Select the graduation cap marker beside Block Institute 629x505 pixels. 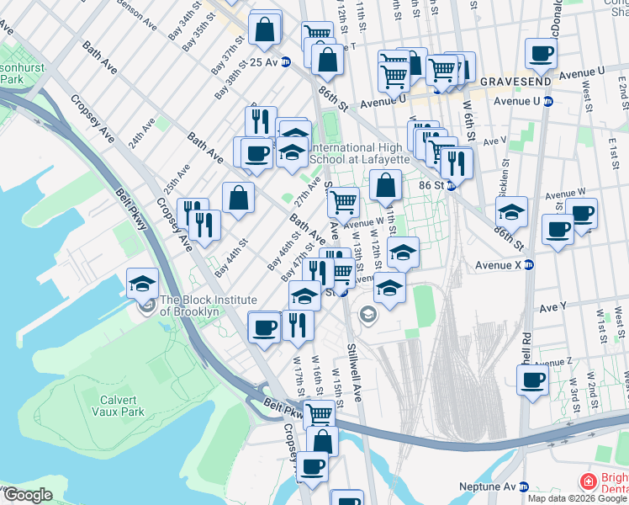click(x=143, y=283)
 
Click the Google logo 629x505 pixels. click(x=27, y=495)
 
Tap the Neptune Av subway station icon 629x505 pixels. click(x=524, y=486)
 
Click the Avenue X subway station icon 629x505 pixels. click(x=529, y=263)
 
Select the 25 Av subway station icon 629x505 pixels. click(x=286, y=61)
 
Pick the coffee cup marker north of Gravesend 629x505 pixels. click(x=541, y=54)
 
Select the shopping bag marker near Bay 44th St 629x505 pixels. click(x=239, y=198)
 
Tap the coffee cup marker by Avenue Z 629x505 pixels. click(x=532, y=380)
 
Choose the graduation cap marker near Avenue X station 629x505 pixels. click(x=511, y=210)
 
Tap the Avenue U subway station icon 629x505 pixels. click(x=548, y=101)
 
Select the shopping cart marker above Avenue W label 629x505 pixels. click(x=343, y=202)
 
